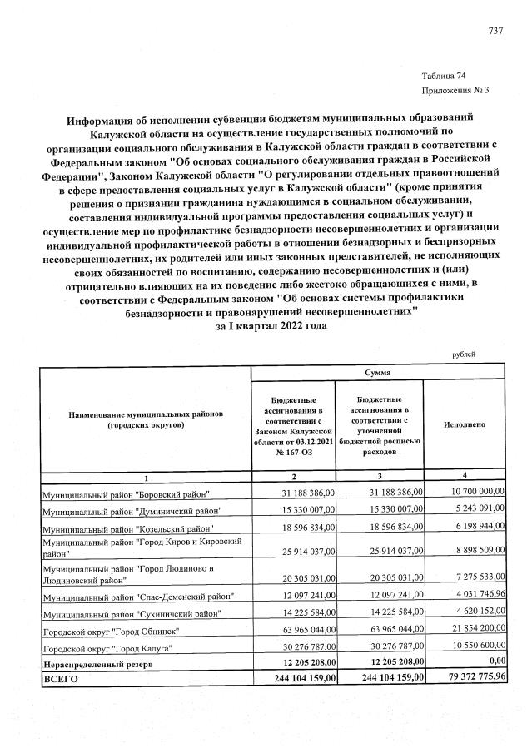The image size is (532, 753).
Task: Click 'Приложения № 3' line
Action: [x=455, y=90]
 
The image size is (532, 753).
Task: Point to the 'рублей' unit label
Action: [x=464, y=355]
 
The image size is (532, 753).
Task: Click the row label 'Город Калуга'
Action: [x=107, y=648]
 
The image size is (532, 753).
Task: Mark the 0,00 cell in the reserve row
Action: [x=495, y=663]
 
